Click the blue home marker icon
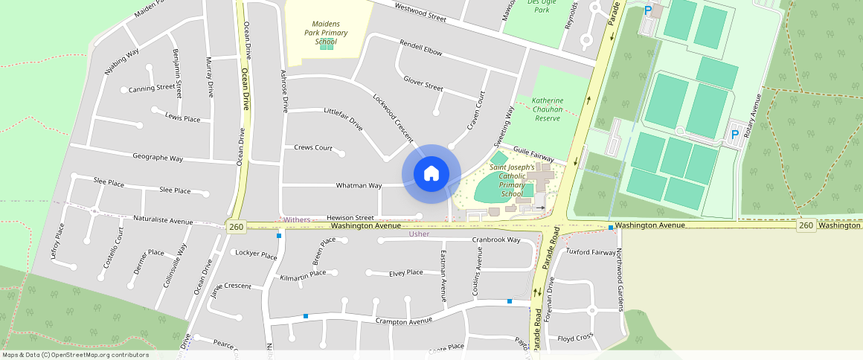431,174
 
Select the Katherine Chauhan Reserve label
548,109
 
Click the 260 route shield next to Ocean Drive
237,226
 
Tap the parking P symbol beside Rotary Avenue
735,135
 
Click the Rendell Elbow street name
421,48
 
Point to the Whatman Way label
359,185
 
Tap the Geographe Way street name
158,158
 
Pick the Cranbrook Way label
496,240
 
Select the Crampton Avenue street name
404,321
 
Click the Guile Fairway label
534,154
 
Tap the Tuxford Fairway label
591,251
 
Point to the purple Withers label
297,219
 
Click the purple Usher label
420,234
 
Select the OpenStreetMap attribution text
75,355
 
